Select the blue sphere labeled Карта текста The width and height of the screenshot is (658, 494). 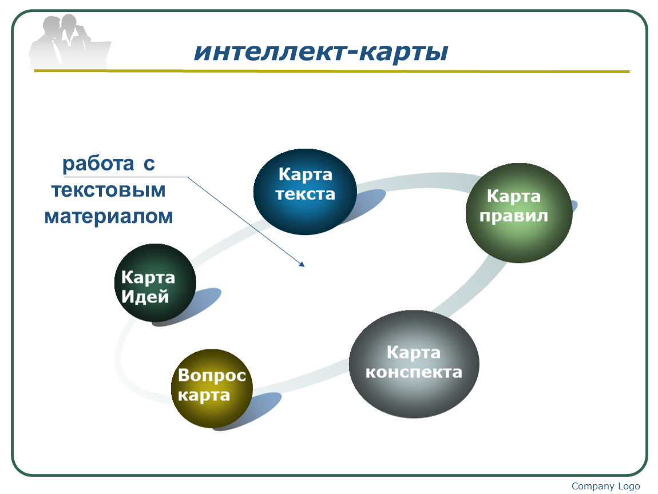click(x=305, y=192)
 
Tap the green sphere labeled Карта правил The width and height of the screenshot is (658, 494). click(x=519, y=213)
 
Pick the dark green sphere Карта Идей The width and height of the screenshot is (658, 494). click(x=155, y=283)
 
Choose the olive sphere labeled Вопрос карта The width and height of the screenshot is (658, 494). click(x=212, y=388)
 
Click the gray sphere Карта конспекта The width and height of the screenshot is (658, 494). click(x=414, y=364)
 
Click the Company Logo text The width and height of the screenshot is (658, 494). click(x=605, y=486)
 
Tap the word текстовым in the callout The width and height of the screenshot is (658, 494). click(x=109, y=190)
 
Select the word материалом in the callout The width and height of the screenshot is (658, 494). click(x=109, y=217)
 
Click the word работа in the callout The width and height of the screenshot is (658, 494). click(x=98, y=164)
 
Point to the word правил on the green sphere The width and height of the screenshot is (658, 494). click(x=514, y=216)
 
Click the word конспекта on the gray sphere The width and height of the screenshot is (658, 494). click(x=414, y=372)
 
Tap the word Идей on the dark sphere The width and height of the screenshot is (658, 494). click(x=145, y=297)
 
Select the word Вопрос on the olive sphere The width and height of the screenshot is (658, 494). click(x=212, y=375)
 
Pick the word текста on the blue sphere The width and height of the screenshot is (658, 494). click(x=306, y=194)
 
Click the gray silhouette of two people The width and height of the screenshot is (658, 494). click(x=69, y=41)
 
